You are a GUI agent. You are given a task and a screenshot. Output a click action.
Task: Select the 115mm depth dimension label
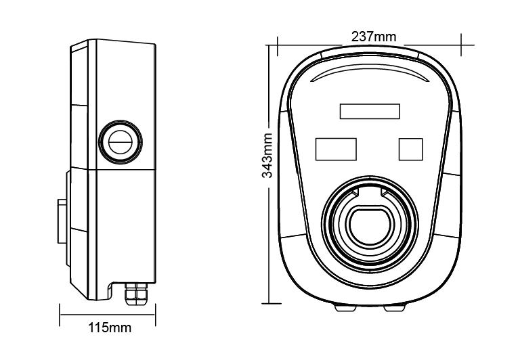click(109, 328)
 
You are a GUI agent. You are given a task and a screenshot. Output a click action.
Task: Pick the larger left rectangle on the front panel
click(336, 149)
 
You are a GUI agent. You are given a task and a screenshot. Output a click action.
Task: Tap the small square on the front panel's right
click(410, 149)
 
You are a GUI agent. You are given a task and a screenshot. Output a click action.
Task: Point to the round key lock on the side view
click(121, 142)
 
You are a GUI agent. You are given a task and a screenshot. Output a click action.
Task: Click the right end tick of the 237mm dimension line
click(462, 45)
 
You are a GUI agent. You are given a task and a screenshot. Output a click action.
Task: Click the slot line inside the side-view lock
click(121, 142)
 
